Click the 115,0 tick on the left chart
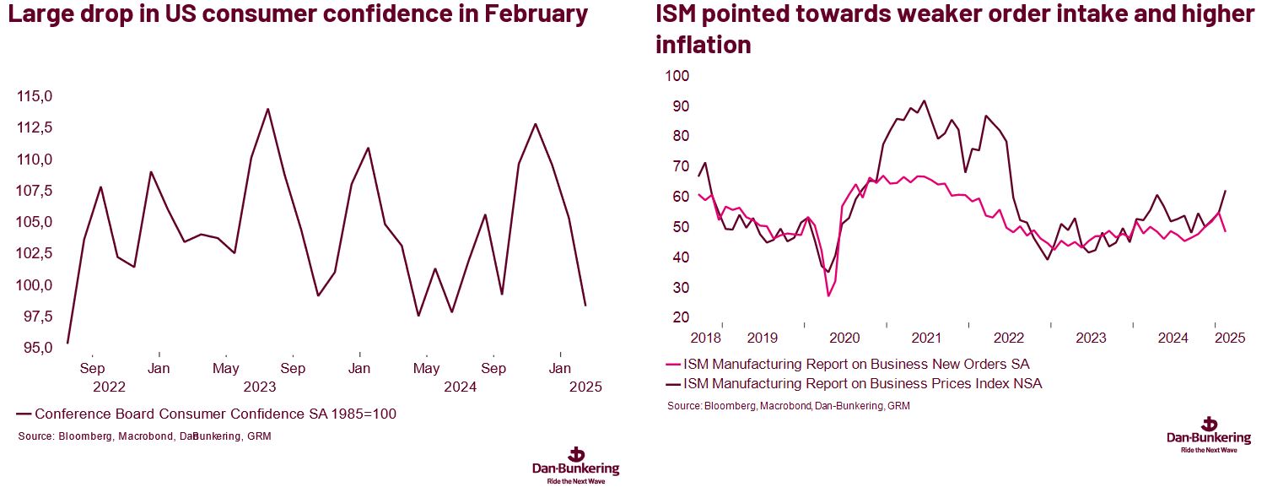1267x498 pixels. tap(35, 97)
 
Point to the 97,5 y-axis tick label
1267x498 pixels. tap(35, 316)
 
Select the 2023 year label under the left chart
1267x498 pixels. tap(259, 387)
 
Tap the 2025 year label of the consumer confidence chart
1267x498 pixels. tap(585, 387)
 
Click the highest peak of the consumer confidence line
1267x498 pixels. tap(267, 109)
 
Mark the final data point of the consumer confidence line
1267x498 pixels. tap(585, 305)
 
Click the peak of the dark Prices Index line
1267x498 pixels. tap(924, 100)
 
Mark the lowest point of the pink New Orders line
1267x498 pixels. tap(828, 295)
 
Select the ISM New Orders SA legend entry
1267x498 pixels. tap(856, 365)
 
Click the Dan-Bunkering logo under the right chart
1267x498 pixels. tap(1208, 432)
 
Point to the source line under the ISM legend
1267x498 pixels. tap(788, 406)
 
